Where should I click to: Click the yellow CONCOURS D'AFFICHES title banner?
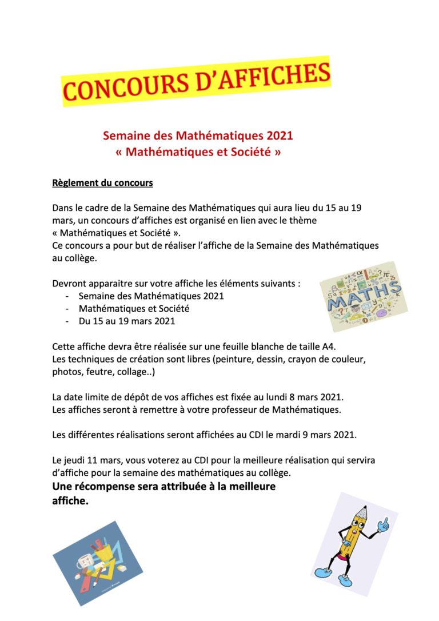point(196,82)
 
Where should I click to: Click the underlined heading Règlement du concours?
point(102,184)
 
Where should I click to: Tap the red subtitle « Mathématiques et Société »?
point(198,153)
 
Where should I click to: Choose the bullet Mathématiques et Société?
point(134,309)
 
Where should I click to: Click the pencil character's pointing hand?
point(385,523)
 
